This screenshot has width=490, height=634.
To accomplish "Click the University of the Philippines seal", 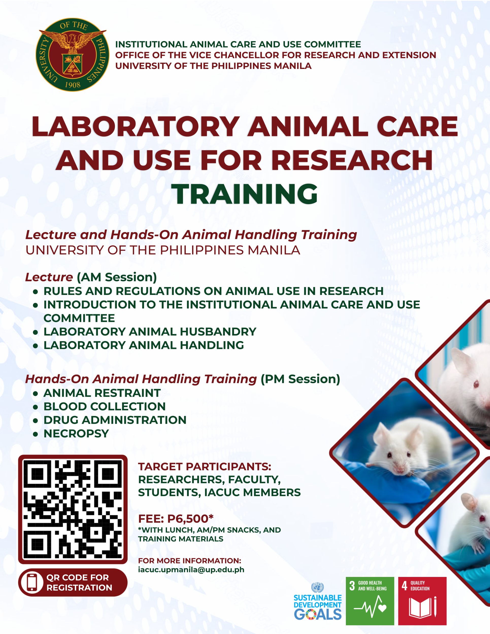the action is pyautogui.click(x=72, y=55).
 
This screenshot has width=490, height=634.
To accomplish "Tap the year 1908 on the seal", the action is pyautogui.click(x=73, y=85).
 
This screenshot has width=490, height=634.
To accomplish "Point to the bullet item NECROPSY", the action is pyautogui.click(x=76, y=433).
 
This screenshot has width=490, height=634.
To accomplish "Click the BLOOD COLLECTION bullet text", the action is pyautogui.click(x=105, y=407).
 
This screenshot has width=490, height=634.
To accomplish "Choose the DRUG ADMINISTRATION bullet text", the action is pyautogui.click(x=115, y=420).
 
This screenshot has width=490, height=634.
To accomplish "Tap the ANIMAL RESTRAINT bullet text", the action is pyautogui.click(x=102, y=393).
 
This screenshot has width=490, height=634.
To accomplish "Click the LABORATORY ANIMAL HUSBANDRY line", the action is pyautogui.click(x=150, y=331).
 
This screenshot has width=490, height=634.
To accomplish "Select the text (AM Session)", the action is pyautogui.click(x=117, y=277).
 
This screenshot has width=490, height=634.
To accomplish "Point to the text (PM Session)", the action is pyautogui.click(x=300, y=379).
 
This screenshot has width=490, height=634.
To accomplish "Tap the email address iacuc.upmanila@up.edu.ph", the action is pyautogui.click(x=191, y=570).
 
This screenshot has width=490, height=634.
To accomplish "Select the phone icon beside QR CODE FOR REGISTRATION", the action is pyautogui.click(x=32, y=582).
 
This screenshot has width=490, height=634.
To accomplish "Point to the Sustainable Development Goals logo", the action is pyautogui.click(x=317, y=601).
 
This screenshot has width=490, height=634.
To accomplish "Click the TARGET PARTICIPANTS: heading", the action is pyautogui.click(x=205, y=467).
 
